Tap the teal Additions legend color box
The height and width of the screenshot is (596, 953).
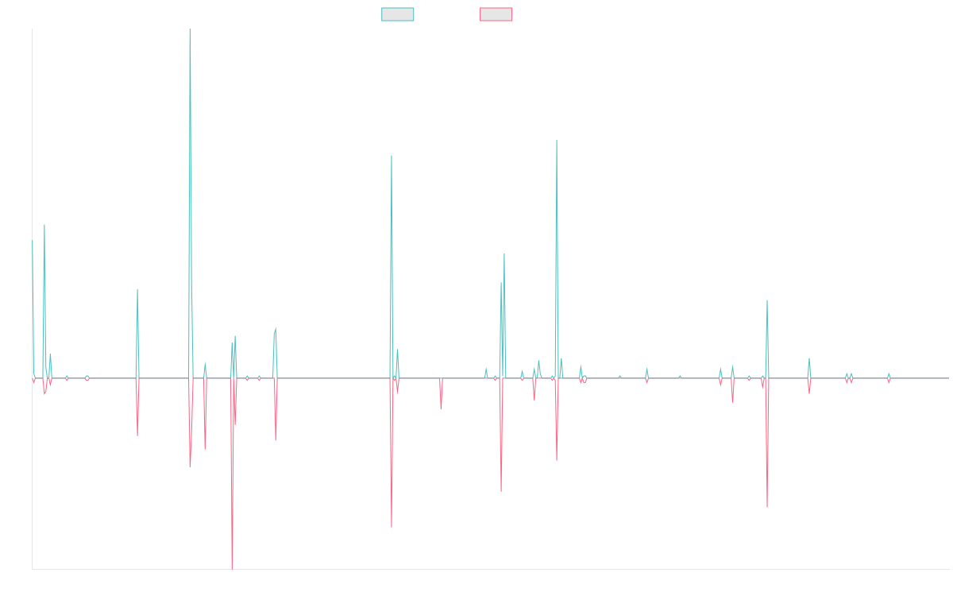click(398, 14)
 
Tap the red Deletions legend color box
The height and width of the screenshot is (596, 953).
click(496, 14)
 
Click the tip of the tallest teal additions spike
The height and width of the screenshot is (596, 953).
click(190, 30)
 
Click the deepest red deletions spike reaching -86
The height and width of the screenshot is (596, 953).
click(232, 568)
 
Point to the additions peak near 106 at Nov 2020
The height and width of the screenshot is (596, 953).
click(557, 141)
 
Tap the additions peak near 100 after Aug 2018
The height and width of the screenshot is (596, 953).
click(392, 156)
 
